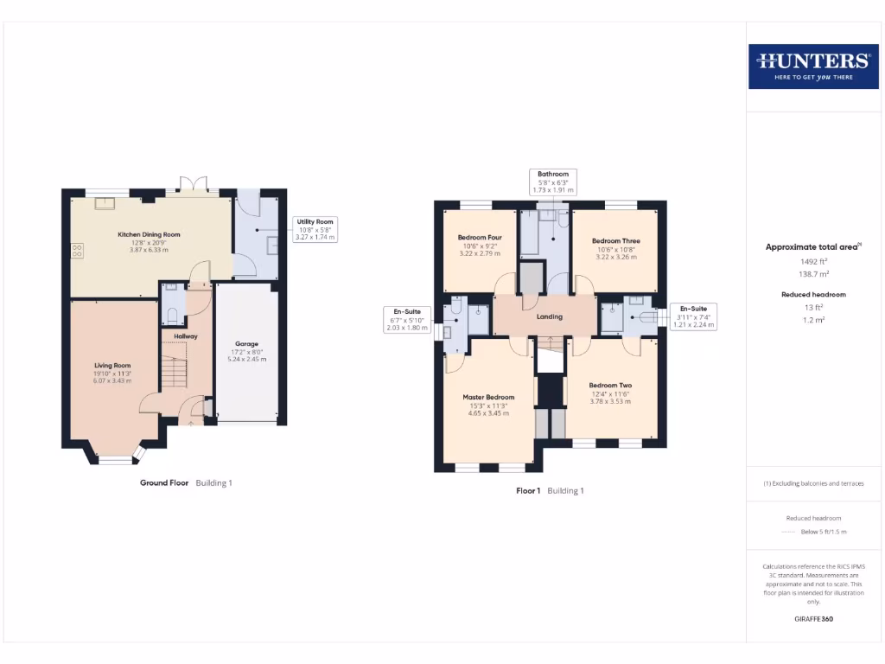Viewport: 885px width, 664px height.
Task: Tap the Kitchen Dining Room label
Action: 149,234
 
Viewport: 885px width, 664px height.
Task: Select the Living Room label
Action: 112,365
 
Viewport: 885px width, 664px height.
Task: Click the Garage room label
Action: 247,344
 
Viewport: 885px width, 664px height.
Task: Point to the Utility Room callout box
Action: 315,229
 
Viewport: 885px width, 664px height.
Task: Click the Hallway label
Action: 186,336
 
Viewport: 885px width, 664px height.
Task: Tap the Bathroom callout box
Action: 552,182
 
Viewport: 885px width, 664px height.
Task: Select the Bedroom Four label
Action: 480,238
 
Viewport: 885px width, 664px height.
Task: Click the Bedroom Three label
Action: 615,241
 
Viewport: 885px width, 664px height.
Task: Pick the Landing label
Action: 550,316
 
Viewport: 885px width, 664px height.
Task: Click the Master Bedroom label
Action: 488,398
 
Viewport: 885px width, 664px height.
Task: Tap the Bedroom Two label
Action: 610,386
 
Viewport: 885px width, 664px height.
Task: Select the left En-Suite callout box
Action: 407,319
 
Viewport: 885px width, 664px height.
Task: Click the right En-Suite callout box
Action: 693,316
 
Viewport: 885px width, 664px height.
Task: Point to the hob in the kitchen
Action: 77,251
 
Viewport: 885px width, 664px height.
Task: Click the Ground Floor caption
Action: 164,482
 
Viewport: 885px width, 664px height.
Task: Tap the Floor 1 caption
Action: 528,490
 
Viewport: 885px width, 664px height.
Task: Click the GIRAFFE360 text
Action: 812,619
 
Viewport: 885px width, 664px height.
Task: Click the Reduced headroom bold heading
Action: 812,295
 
